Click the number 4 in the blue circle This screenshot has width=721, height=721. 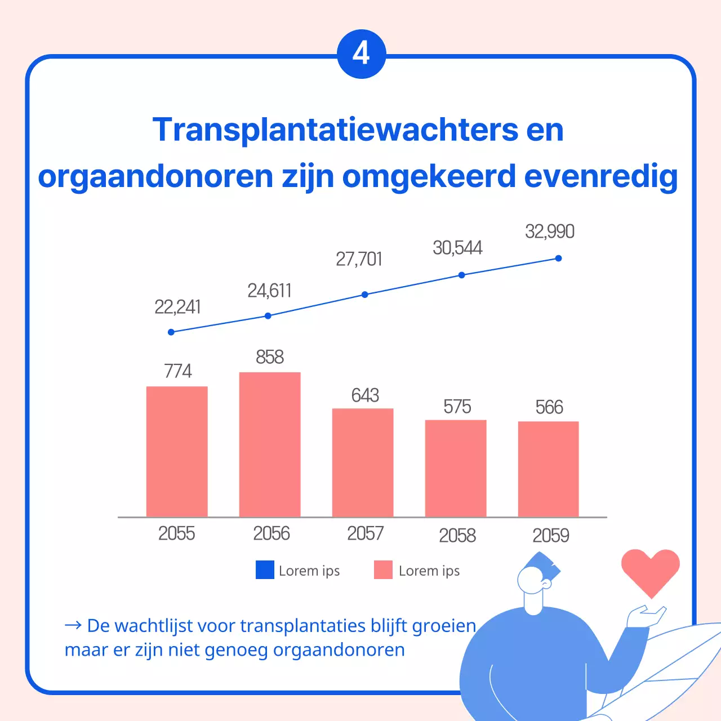(x=361, y=54)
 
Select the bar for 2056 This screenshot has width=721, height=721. (x=270, y=444)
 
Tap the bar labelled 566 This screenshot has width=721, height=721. (x=548, y=469)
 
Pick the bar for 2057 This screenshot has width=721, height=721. (x=363, y=462)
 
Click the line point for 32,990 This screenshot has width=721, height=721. (x=558, y=259)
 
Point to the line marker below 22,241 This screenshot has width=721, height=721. (x=171, y=332)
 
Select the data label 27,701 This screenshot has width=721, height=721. (x=359, y=259)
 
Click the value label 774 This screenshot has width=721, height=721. (x=177, y=371)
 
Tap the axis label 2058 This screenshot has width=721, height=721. (x=457, y=535)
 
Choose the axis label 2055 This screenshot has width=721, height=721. (x=176, y=533)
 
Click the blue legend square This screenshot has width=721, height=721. (x=265, y=570)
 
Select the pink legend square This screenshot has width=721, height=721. (x=383, y=570)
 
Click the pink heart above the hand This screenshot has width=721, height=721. (x=651, y=569)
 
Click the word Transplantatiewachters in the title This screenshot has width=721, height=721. (x=335, y=130)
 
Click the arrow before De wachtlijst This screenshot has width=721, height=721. (x=73, y=625)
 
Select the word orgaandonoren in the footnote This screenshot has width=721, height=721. (x=339, y=650)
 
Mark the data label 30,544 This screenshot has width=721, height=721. (x=457, y=248)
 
